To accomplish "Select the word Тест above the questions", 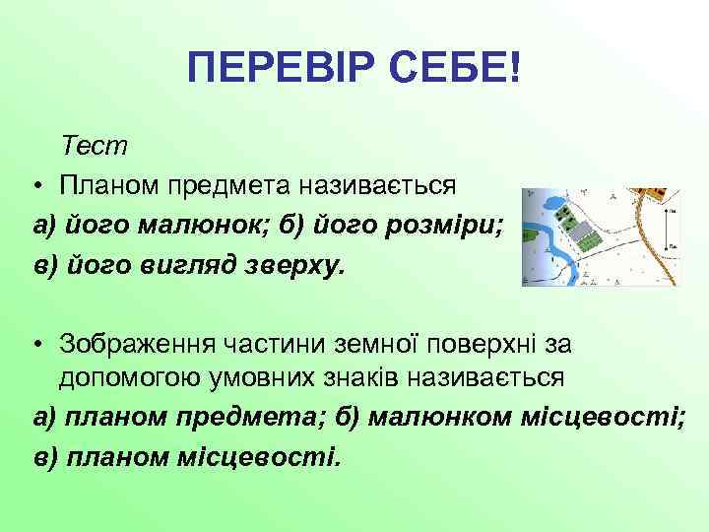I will click(x=95, y=146).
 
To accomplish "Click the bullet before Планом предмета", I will click(x=34, y=185).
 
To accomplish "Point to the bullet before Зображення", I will click(x=34, y=344).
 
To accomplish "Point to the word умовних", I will click(x=254, y=378).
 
